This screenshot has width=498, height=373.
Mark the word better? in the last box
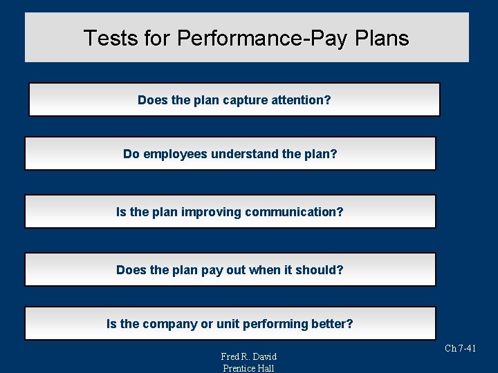[331, 324]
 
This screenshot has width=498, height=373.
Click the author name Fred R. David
[248, 356]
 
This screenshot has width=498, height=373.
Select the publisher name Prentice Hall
[248, 368]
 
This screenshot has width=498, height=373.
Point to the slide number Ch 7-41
[460, 349]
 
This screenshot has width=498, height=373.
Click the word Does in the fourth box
[131, 270]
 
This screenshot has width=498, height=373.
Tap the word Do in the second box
[131, 154]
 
